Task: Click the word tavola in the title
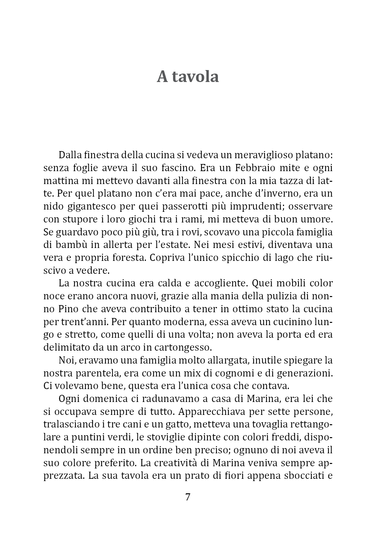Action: [x=197, y=77]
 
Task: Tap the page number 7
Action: [x=188, y=497]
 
